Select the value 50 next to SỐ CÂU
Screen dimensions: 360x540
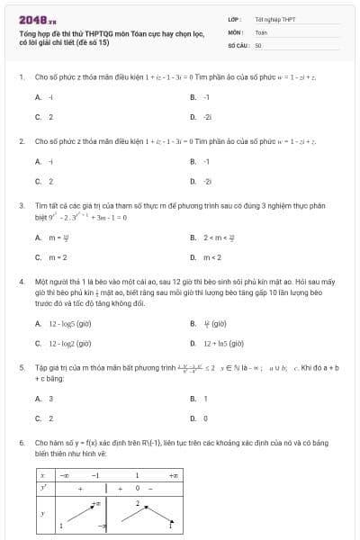pyautogui.click(x=258, y=43)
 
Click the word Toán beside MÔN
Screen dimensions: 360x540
pyautogui.click(x=261, y=31)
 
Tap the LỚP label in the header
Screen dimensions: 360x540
pyautogui.click(x=235, y=18)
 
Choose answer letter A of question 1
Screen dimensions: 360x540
pyautogui.click(x=38, y=96)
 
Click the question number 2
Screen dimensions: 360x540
pyautogui.click(x=21, y=141)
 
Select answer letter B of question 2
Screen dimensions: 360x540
pyautogui.click(x=193, y=161)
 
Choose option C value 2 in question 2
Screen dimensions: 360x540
pyautogui.click(x=50, y=182)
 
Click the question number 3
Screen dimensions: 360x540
pyautogui.click(x=21, y=206)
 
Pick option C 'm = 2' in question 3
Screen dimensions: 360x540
pyautogui.click(x=58, y=258)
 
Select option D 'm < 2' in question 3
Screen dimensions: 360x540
pyautogui.click(x=212, y=258)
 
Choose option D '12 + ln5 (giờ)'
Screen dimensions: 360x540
pyautogui.click(x=225, y=343)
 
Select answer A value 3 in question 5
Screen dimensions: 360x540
pyautogui.click(x=50, y=399)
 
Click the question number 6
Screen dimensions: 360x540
pyautogui.click(x=21, y=444)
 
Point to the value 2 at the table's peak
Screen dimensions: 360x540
pyautogui.click(x=138, y=503)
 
